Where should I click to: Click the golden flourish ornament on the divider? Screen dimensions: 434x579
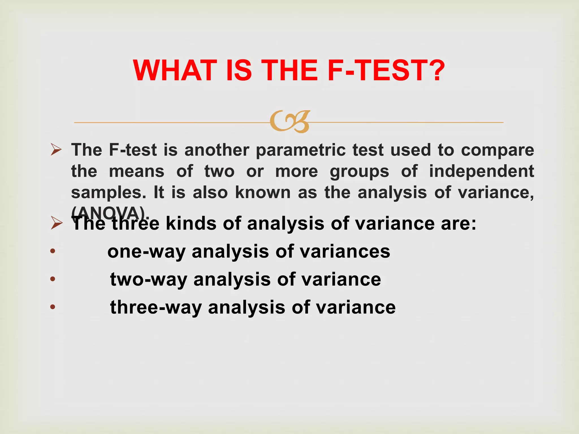click(290, 122)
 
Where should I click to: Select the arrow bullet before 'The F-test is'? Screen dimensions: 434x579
click(56, 149)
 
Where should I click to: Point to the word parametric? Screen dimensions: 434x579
click(301, 150)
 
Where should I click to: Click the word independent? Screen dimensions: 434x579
click(481, 171)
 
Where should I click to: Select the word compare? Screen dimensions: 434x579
click(497, 150)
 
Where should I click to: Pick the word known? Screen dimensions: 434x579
click(263, 193)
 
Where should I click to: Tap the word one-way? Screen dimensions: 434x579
click(146, 252)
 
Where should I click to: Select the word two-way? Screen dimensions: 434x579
click(148, 280)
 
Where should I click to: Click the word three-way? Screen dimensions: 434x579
click(156, 307)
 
